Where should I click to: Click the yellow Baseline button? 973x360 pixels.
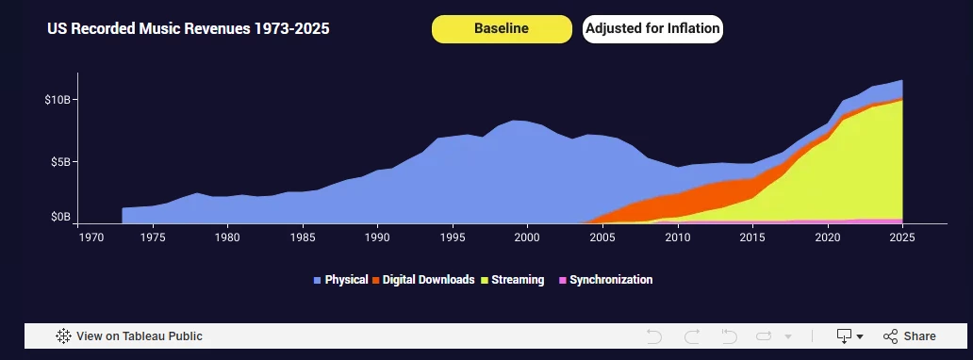tap(502, 29)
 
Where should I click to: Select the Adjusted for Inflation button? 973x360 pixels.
tap(652, 29)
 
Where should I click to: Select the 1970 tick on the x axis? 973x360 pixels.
tap(77, 237)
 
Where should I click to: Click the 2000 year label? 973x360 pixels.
tap(527, 237)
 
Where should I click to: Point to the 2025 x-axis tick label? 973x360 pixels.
tap(902, 237)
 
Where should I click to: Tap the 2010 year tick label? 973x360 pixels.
tap(677, 237)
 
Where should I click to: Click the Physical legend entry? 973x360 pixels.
tap(340, 280)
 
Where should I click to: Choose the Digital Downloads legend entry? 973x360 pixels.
tap(423, 280)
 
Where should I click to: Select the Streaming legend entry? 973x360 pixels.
tap(513, 280)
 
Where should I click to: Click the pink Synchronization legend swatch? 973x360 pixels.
tap(563, 281)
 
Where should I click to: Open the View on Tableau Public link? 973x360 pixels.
tap(129, 336)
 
